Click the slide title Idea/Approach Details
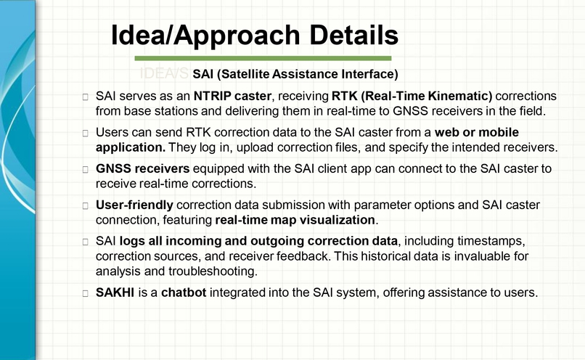(x=254, y=35)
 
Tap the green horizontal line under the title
(x=263, y=58)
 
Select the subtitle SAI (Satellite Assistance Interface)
(x=295, y=74)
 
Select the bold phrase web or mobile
(x=477, y=133)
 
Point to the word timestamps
(x=484, y=240)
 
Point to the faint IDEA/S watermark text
(x=164, y=74)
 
